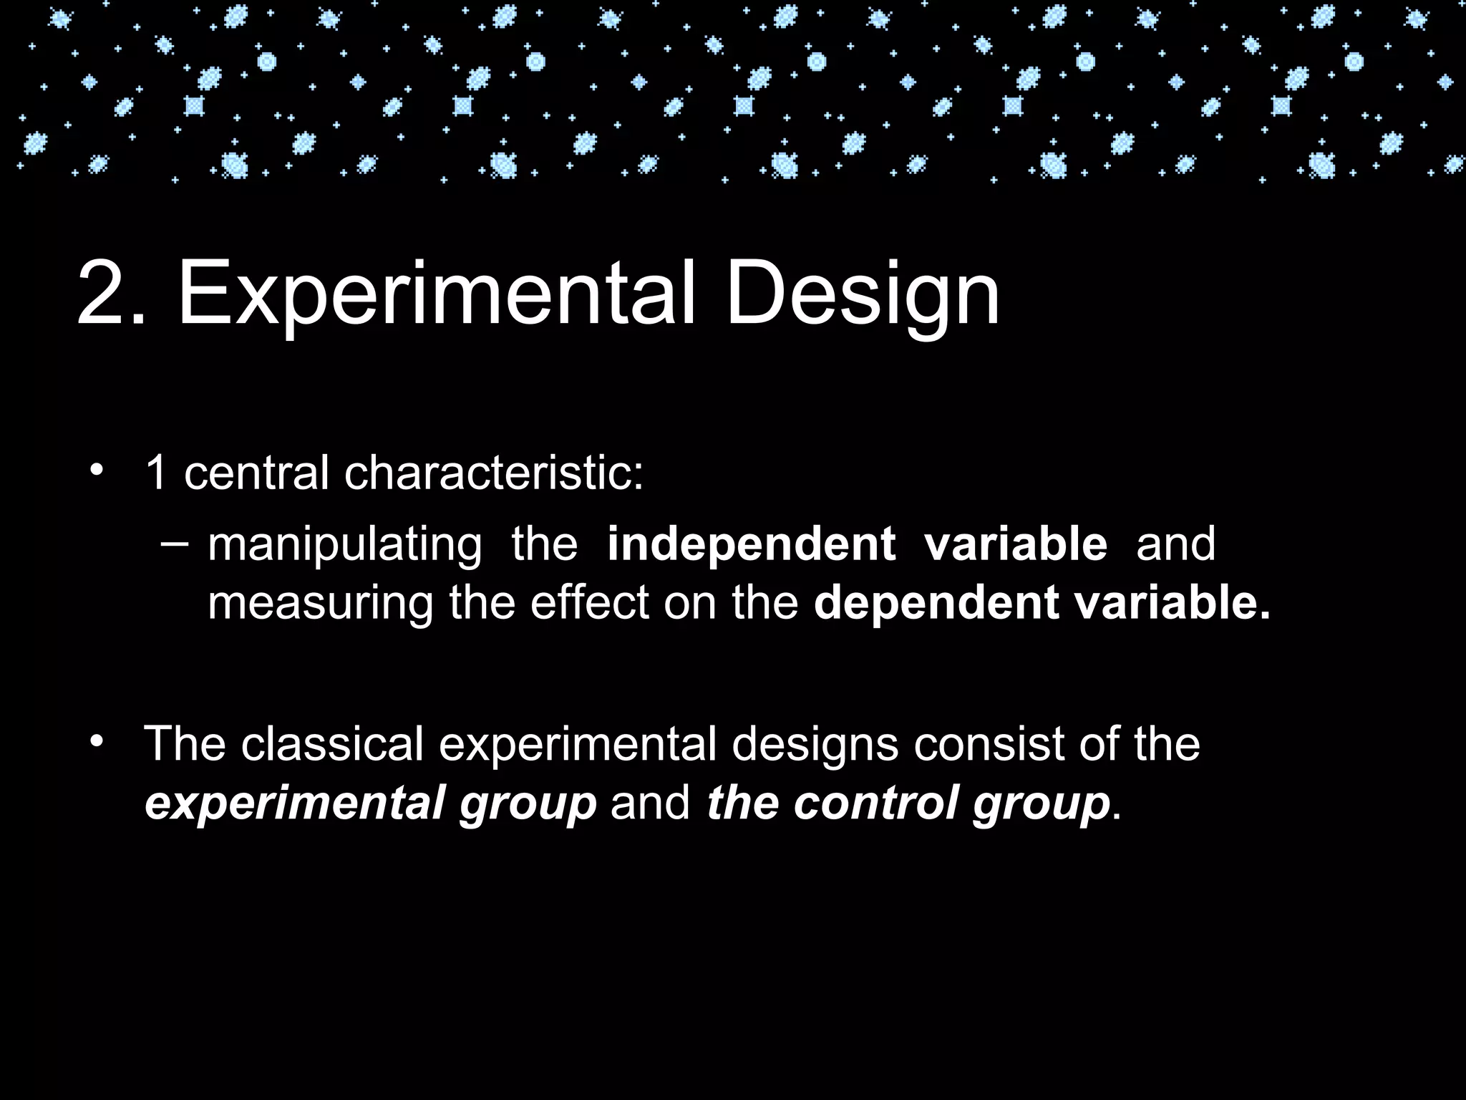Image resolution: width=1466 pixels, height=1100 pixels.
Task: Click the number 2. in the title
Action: click(111, 294)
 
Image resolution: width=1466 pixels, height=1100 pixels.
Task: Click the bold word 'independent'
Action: click(751, 544)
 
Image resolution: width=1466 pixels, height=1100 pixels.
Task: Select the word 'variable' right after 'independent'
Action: click(1016, 544)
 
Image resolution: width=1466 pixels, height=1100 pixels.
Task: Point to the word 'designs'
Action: click(815, 745)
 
